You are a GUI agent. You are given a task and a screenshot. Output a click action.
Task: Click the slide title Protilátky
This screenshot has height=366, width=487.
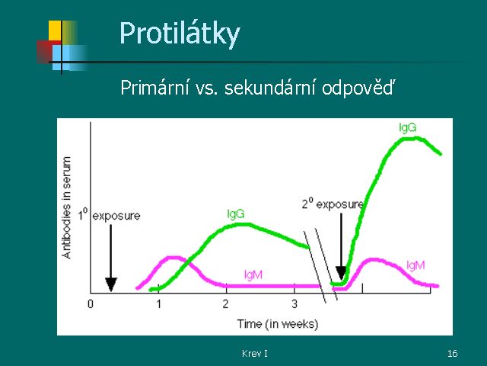(x=180, y=34)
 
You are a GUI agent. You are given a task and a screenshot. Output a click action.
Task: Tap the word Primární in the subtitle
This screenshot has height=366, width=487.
(x=154, y=88)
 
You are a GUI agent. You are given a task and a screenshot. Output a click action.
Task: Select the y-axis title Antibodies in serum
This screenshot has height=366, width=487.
(x=66, y=207)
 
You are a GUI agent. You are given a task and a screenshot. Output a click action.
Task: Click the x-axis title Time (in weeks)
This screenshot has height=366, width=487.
(x=278, y=324)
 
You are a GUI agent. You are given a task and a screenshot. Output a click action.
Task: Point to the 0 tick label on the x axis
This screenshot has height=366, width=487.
(x=91, y=303)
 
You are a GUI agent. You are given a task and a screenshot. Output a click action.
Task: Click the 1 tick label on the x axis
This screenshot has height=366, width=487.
(x=159, y=303)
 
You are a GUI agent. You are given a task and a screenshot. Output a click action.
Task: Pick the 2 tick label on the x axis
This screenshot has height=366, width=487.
(x=226, y=303)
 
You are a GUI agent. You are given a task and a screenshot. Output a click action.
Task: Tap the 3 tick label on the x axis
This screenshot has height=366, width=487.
(x=294, y=303)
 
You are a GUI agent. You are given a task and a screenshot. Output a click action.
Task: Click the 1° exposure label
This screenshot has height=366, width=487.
(x=109, y=215)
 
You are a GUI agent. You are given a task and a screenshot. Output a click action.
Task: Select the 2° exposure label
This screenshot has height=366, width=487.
(x=333, y=204)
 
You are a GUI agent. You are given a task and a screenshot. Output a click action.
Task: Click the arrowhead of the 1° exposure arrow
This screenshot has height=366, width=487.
(x=111, y=284)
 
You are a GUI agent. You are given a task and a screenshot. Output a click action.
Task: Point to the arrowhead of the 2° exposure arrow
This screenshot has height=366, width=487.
(x=341, y=273)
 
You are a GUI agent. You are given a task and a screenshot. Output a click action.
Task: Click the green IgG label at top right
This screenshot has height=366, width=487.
(x=408, y=127)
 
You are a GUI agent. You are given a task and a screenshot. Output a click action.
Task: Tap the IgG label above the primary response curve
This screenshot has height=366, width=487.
(x=236, y=213)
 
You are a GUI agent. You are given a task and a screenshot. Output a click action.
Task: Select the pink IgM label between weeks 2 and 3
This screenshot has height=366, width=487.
(x=253, y=274)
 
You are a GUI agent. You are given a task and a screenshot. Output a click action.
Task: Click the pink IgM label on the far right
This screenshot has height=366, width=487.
(x=415, y=265)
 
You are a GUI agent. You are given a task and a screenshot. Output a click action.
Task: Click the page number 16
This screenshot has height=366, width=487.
(x=452, y=353)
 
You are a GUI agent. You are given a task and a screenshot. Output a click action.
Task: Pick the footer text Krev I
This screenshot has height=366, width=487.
(x=255, y=353)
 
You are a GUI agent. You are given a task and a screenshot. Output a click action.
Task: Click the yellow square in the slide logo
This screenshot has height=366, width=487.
(x=55, y=30)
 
